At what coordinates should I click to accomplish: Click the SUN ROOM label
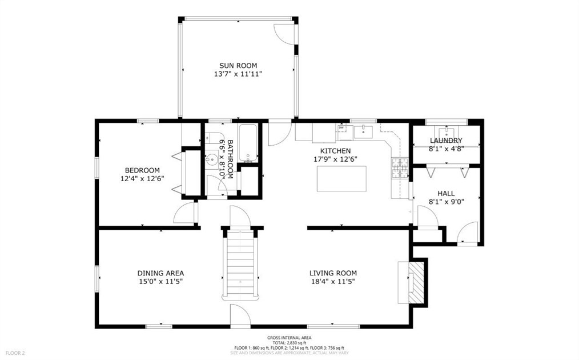pos(238,66)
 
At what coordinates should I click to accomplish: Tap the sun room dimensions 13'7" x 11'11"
pos(238,74)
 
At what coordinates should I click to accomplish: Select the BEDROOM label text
pos(142,170)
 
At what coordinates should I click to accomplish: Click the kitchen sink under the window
pos(363,132)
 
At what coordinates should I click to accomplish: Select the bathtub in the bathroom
pos(248,142)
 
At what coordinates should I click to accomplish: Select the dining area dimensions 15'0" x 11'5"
pos(160,281)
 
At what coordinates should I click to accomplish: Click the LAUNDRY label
pos(446,141)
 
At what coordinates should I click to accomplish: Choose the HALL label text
pos(446,194)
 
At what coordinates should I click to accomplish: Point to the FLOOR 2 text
pos(15,353)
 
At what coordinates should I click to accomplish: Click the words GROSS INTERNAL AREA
pos(289,338)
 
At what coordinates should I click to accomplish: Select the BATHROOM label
pos(230,159)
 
